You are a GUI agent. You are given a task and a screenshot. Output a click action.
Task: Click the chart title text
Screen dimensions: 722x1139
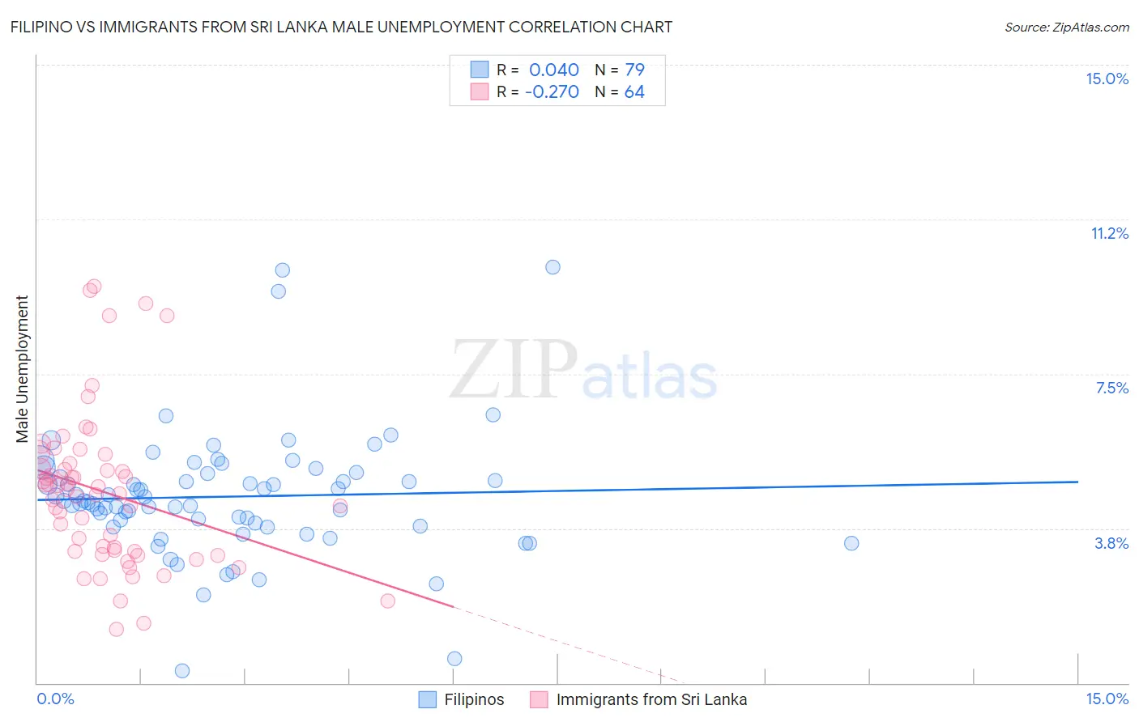pyautogui.click(x=341, y=27)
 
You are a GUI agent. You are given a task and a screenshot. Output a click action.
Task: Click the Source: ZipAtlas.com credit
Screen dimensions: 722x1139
pyautogui.click(x=1066, y=27)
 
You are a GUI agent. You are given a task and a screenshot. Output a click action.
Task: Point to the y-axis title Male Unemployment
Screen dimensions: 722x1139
pyautogui.click(x=23, y=369)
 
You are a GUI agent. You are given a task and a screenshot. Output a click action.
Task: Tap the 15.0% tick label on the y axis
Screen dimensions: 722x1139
pyautogui.click(x=1107, y=79)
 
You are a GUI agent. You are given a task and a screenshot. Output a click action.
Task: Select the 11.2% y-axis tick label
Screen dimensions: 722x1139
pyautogui.click(x=1109, y=233)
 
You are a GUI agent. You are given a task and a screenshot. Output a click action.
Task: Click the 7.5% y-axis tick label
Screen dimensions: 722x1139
pyautogui.click(x=1111, y=388)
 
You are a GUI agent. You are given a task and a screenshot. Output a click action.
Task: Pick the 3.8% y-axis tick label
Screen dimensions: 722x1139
pyautogui.click(x=1111, y=543)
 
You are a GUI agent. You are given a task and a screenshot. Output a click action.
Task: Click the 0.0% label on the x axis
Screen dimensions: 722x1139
pyautogui.click(x=55, y=699)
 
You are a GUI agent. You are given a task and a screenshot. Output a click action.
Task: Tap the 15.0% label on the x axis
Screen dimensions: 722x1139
pyautogui.click(x=1107, y=699)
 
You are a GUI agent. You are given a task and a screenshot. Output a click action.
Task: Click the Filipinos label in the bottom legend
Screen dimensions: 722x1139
pyautogui.click(x=474, y=699)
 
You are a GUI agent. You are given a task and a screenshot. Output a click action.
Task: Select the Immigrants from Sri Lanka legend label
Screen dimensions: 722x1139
pyautogui.click(x=651, y=699)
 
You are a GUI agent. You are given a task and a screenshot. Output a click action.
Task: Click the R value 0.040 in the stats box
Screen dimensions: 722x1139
pyautogui.click(x=554, y=70)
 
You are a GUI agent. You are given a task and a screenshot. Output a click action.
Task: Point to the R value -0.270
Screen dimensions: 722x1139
pyautogui.click(x=552, y=91)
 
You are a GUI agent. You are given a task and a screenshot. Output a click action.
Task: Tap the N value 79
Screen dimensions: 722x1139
pyautogui.click(x=634, y=70)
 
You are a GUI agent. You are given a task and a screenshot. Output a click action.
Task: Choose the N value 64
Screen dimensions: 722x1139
pyautogui.click(x=634, y=91)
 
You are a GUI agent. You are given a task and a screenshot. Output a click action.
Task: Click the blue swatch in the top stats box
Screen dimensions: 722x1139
pyautogui.click(x=480, y=70)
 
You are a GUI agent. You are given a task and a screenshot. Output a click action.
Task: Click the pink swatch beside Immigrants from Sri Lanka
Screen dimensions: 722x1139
pyautogui.click(x=539, y=699)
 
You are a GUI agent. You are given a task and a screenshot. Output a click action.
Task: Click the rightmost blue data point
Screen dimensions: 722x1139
pyautogui.click(x=851, y=543)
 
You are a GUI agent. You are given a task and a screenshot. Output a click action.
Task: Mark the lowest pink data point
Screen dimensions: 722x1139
pyautogui.click(x=117, y=629)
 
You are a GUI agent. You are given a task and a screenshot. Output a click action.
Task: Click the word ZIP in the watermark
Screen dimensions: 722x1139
pyautogui.click(x=514, y=369)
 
